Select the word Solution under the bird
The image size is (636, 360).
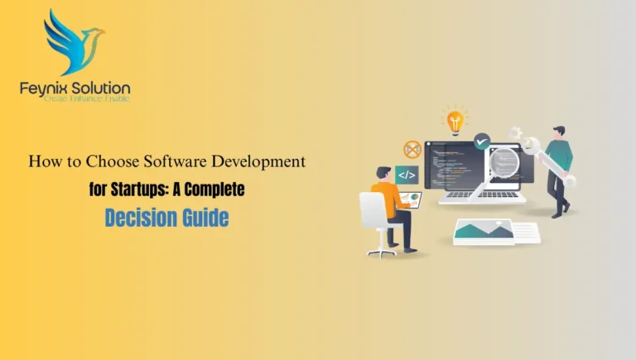[x=100, y=88]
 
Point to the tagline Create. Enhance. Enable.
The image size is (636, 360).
[x=74, y=99]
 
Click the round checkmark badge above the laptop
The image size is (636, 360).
[x=481, y=142]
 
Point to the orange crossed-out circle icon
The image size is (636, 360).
[x=412, y=150]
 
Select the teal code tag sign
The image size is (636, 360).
[x=406, y=175]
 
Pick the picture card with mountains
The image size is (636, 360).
[x=485, y=231]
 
